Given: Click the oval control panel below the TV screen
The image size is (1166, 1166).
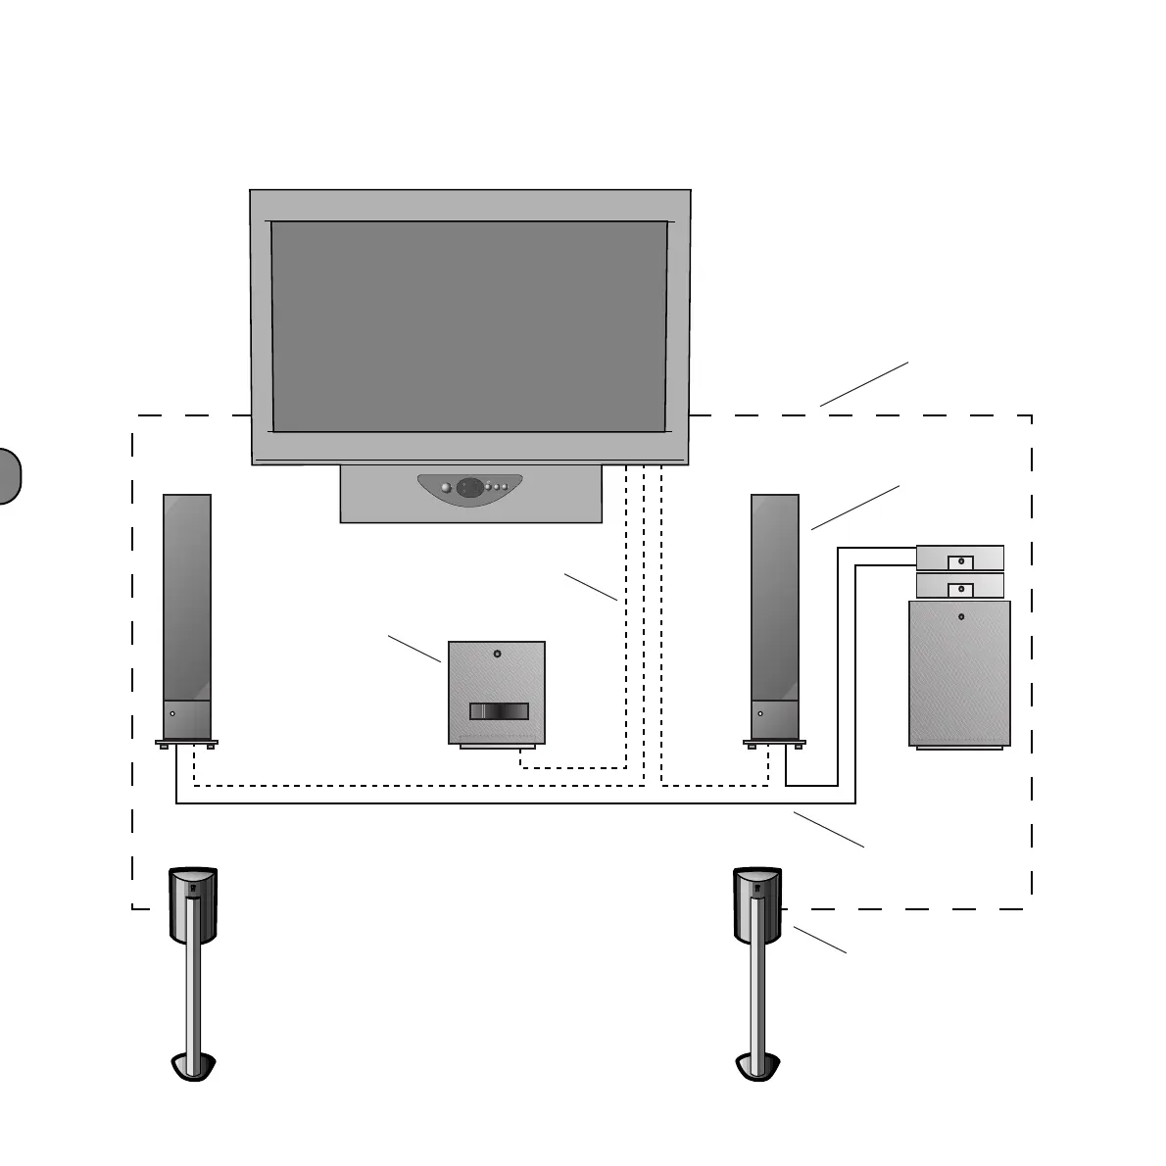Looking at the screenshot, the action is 470,487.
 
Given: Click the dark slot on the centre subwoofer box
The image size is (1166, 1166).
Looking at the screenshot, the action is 499,711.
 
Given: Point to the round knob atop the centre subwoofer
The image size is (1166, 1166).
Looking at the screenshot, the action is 498,654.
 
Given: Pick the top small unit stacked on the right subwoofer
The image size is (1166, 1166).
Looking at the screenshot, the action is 959,558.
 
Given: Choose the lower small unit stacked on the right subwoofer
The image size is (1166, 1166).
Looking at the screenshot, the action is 959,586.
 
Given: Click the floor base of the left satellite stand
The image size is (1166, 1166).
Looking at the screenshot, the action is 194,1066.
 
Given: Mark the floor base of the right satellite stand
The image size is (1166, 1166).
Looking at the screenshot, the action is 757,1066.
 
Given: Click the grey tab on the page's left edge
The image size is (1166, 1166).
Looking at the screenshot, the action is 8,476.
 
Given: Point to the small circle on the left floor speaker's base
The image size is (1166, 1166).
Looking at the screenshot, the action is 172,714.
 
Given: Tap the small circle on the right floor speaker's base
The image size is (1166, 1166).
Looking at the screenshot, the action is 759,714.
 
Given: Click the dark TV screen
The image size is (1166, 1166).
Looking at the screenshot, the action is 469,326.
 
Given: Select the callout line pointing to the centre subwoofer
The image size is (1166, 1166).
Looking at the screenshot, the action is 413,649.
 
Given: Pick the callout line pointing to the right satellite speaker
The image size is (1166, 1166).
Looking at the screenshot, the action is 819,940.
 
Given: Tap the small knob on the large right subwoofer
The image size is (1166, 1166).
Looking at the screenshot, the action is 961,617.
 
